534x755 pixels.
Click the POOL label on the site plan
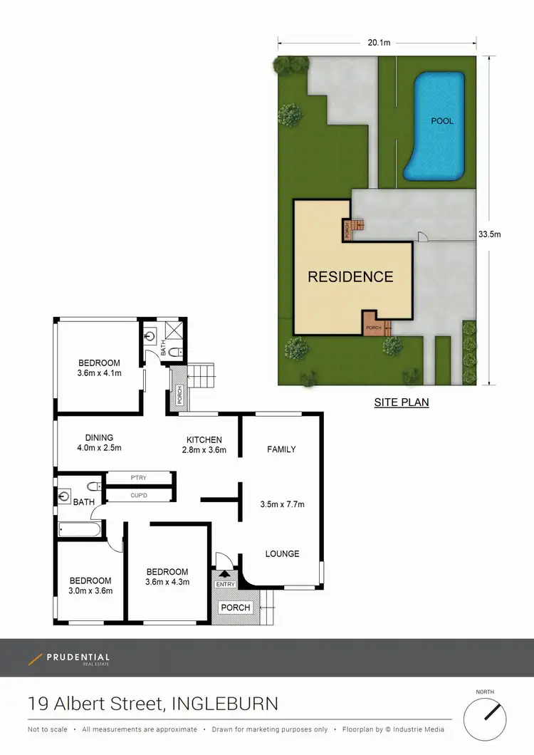[x=441, y=121]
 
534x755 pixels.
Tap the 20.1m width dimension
[x=378, y=43]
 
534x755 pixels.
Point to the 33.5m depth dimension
[x=489, y=234]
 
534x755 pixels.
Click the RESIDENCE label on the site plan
[x=350, y=277]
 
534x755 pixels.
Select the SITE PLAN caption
[x=402, y=402]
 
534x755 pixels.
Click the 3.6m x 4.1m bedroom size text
[x=99, y=373]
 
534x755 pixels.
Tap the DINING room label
[x=99, y=438]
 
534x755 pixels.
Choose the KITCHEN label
[x=204, y=439]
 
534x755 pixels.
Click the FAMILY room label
[x=281, y=449]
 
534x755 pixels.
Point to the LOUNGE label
[x=282, y=553]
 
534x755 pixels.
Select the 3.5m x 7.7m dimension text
[x=283, y=504]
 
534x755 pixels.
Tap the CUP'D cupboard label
[x=138, y=494]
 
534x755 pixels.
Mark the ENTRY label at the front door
[x=225, y=585]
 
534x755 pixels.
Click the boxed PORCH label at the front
[x=236, y=608]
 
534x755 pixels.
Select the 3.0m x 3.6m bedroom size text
[x=90, y=590]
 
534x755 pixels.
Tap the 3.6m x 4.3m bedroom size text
[x=167, y=581]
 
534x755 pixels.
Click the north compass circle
[x=485, y=719]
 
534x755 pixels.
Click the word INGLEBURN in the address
[x=223, y=704]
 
